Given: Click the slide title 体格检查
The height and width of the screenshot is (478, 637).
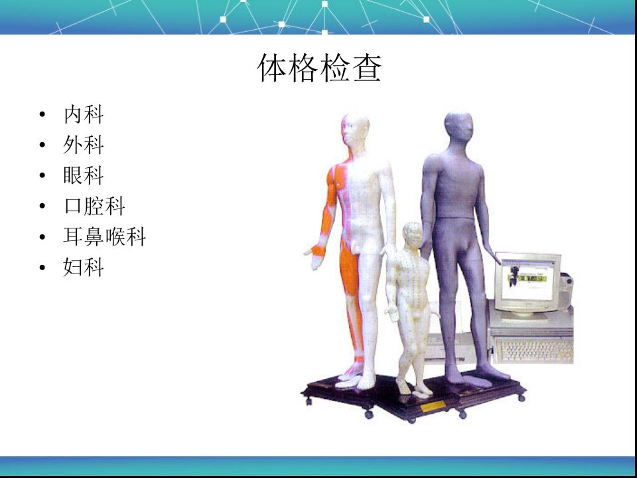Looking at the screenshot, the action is [x=319, y=68].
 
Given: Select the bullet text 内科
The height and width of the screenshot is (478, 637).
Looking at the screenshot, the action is [x=84, y=114].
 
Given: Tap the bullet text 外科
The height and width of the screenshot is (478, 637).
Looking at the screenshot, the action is [x=84, y=145].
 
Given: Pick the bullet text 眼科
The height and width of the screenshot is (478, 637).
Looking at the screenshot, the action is [x=84, y=175].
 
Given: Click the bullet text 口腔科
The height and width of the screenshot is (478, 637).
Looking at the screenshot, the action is [x=94, y=206].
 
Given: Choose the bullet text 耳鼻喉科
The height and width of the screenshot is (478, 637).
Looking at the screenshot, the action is [x=104, y=236].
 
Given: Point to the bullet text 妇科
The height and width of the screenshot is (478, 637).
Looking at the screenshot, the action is [x=84, y=267].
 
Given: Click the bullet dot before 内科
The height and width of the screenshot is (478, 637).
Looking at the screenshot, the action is [x=42, y=115].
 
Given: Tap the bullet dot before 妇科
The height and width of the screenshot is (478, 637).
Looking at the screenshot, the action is [x=42, y=268].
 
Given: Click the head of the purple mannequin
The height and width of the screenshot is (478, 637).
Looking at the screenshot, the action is [x=459, y=127].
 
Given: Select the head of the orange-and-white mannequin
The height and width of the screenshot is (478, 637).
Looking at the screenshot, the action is [x=355, y=130].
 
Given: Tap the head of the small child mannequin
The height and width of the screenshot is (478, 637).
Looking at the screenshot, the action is [x=412, y=234].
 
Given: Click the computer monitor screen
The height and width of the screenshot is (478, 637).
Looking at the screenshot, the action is [x=527, y=279].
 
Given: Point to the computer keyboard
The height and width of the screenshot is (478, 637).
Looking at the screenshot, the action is [x=533, y=351].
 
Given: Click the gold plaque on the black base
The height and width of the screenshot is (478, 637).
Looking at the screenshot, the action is [x=433, y=406].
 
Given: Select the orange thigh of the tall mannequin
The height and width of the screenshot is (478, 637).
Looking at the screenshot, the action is [x=349, y=269].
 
